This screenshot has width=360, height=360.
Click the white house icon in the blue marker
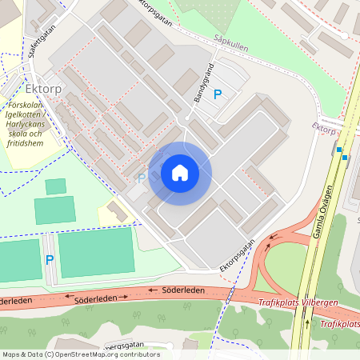pyautogui.click(x=180, y=173)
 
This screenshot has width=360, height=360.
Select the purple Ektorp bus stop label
pyautogui.click(x=323, y=129)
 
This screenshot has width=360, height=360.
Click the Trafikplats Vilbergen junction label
pyautogui.click(x=298, y=302)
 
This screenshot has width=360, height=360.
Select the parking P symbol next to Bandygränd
pyautogui.click(x=217, y=95)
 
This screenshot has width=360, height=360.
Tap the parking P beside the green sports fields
pyautogui.click(x=49, y=260)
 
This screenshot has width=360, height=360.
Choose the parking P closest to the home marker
pyautogui.click(x=142, y=178)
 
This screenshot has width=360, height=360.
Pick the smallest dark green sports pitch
pyautogui.click(x=56, y=186)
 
